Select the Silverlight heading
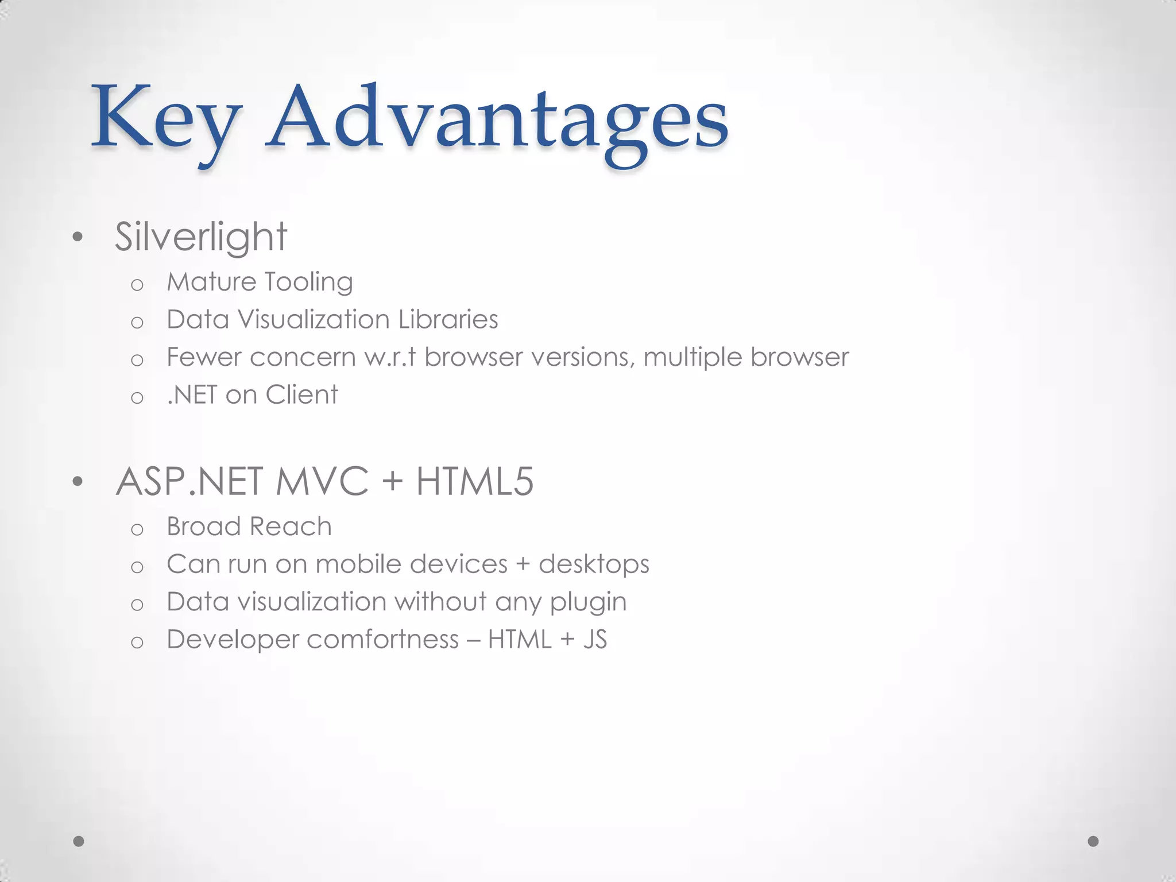click(200, 237)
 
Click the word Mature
click(211, 283)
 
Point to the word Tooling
click(308, 283)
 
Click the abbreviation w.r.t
click(390, 357)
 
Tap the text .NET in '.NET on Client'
click(192, 395)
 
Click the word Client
click(301, 395)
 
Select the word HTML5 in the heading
click(475, 481)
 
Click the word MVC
click(322, 481)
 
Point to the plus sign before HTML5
click(392, 481)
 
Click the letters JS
click(595, 640)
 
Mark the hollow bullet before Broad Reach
click(137, 529)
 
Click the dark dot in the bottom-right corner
click(1093, 841)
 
